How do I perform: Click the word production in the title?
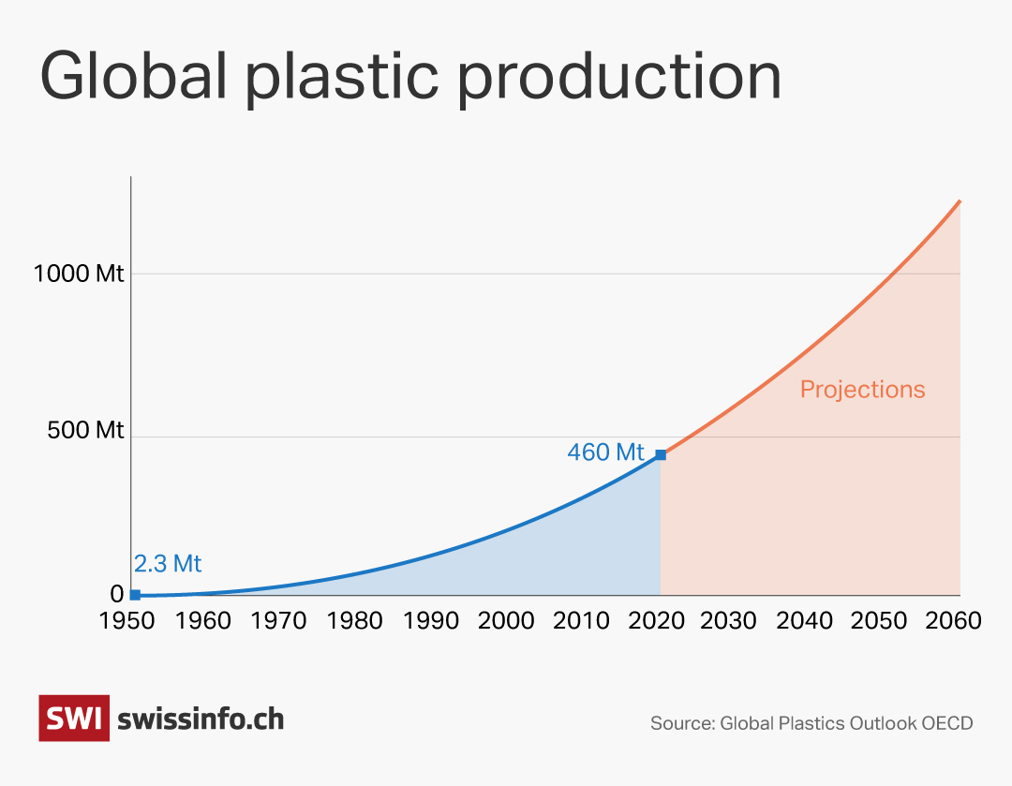[618, 77]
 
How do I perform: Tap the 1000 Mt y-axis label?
[79, 274]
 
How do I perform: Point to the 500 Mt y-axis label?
[84, 431]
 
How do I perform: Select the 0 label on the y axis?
[117, 594]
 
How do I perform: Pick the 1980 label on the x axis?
[355, 621]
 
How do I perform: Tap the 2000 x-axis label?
[507, 621]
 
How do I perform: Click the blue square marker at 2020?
[661, 455]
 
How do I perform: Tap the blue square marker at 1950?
[135, 595]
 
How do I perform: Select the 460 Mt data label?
[605, 452]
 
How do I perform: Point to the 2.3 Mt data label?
[168, 564]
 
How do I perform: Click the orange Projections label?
[862, 390]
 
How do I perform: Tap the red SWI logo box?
[74, 719]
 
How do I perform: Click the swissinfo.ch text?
[201, 719]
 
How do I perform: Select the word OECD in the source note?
[947, 723]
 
